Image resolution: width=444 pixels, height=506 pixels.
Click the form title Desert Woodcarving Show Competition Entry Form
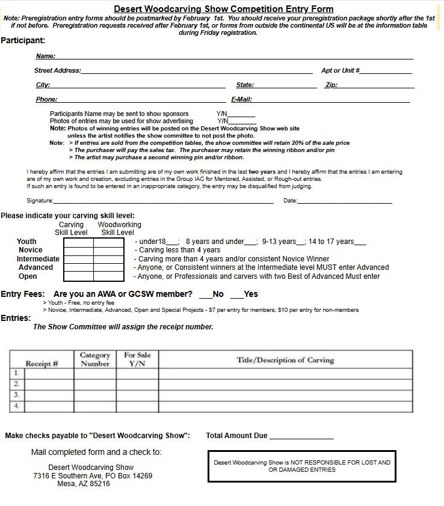[223, 9]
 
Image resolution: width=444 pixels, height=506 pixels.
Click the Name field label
[45, 56]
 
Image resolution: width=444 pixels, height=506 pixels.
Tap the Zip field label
[331, 85]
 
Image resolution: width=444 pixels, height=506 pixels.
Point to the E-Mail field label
[241, 99]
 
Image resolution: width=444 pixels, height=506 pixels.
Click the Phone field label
[46, 99]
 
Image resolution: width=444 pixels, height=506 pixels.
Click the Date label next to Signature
[290, 201]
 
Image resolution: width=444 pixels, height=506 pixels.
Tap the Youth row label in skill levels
[26, 242]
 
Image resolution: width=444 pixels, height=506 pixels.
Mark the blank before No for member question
[206, 295]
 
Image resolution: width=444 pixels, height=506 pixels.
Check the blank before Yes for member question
[237, 295]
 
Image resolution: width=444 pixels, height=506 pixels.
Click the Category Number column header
[95, 359]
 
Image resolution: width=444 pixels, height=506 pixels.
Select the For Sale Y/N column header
[137, 359]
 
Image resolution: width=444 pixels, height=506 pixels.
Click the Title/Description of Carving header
[285, 360]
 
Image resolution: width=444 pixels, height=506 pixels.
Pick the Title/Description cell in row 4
[285, 406]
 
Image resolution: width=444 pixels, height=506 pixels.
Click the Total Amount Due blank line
[301, 437]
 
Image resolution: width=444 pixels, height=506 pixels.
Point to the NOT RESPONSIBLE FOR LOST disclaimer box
[302, 466]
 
